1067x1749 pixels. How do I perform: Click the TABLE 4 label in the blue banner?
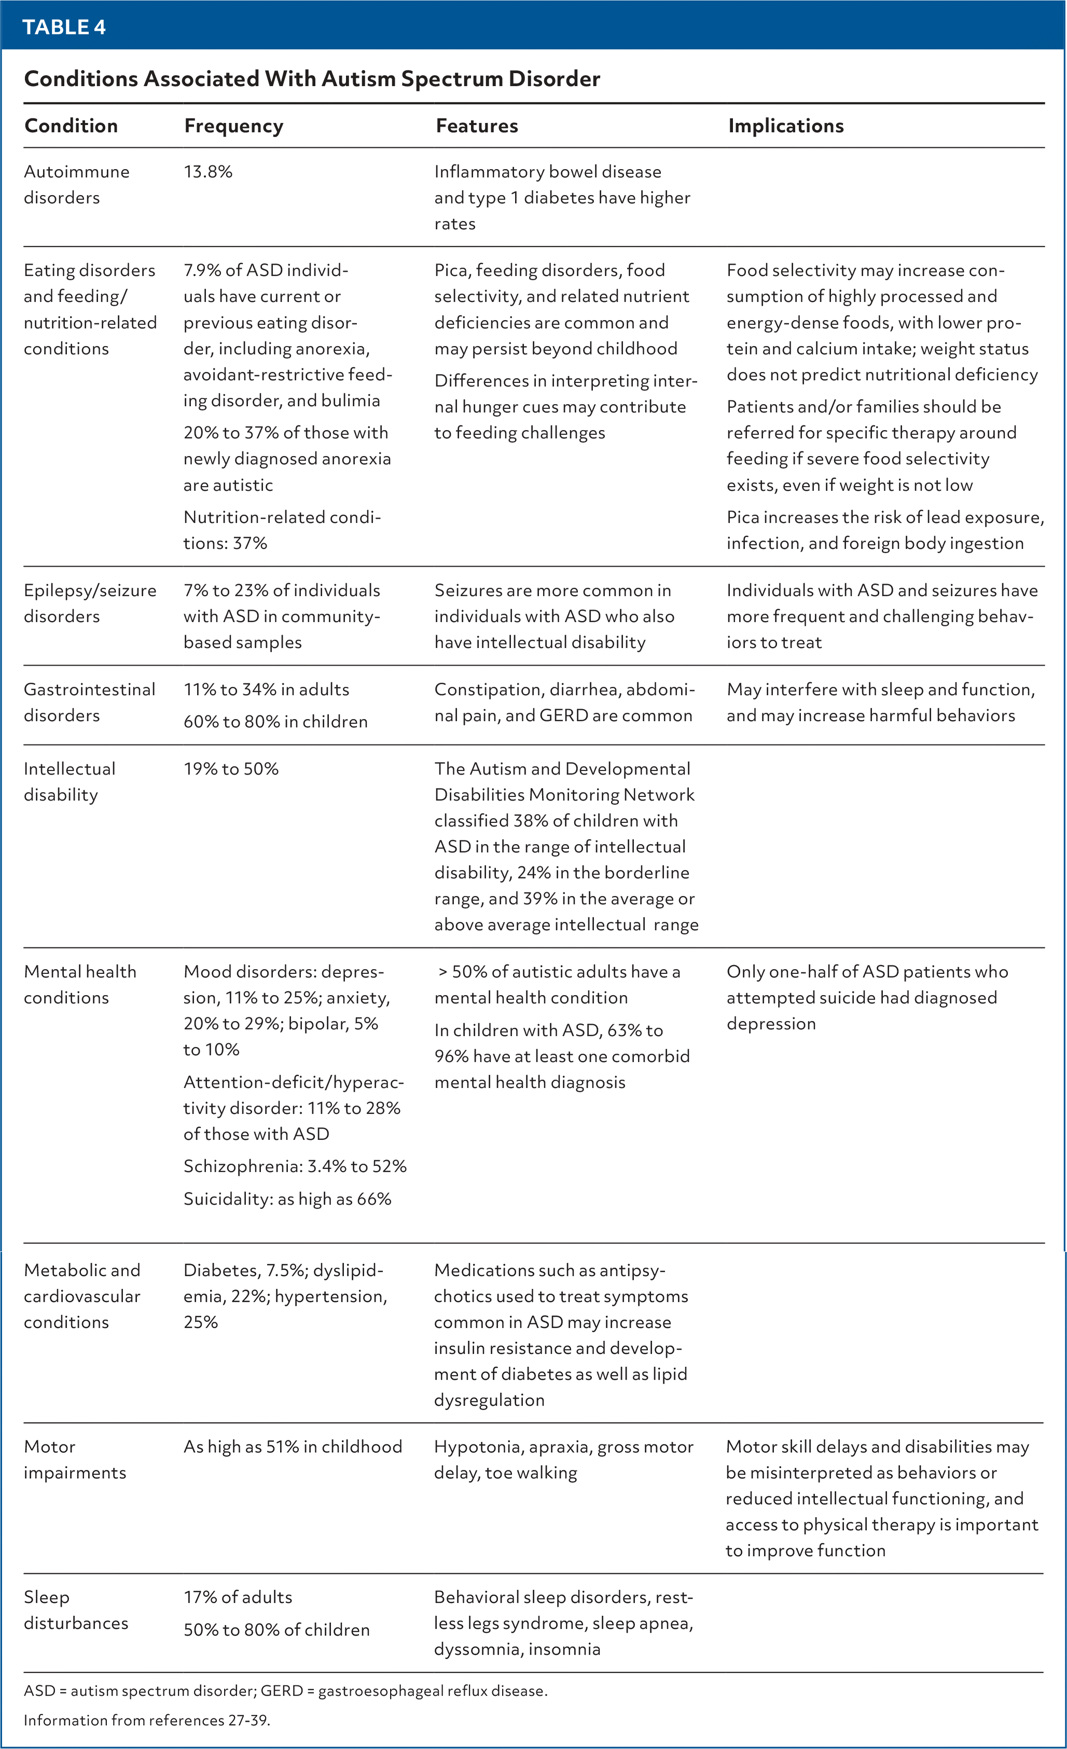pyautogui.click(x=64, y=27)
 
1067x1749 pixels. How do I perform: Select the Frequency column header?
pyautogui.click(x=233, y=126)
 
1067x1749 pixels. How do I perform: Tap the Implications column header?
pyautogui.click(x=785, y=126)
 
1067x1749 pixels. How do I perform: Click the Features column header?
pyautogui.click(x=477, y=126)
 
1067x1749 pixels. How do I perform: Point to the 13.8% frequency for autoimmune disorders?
pyautogui.click(x=208, y=172)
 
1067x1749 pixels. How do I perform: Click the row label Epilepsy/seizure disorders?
pyautogui.click(x=90, y=603)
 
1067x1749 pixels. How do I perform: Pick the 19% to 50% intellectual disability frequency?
pyautogui.click(x=230, y=769)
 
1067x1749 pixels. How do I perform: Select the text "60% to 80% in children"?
pyautogui.click(x=275, y=721)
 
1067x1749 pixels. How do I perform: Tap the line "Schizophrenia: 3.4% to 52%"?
pyautogui.click(x=295, y=1166)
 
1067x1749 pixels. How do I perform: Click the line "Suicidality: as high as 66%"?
pyautogui.click(x=287, y=1199)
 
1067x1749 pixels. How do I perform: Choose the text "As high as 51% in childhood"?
pyautogui.click(x=292, y=1447)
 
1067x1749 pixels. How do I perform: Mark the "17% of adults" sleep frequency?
pyautogui.click(x=238, y=1597)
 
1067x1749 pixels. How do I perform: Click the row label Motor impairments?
pyautogui.click(x=75, y=1459)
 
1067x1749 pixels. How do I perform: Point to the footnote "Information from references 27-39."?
pyautogui.click(x=147, y=1720)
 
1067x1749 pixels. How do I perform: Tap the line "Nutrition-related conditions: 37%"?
pyautogui.click(x=282, y=530)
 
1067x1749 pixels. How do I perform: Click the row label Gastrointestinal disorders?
pyautogui.click(x=89, y=702)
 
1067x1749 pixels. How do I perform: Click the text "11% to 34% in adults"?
pyautogui.click(x=266, y=689)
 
